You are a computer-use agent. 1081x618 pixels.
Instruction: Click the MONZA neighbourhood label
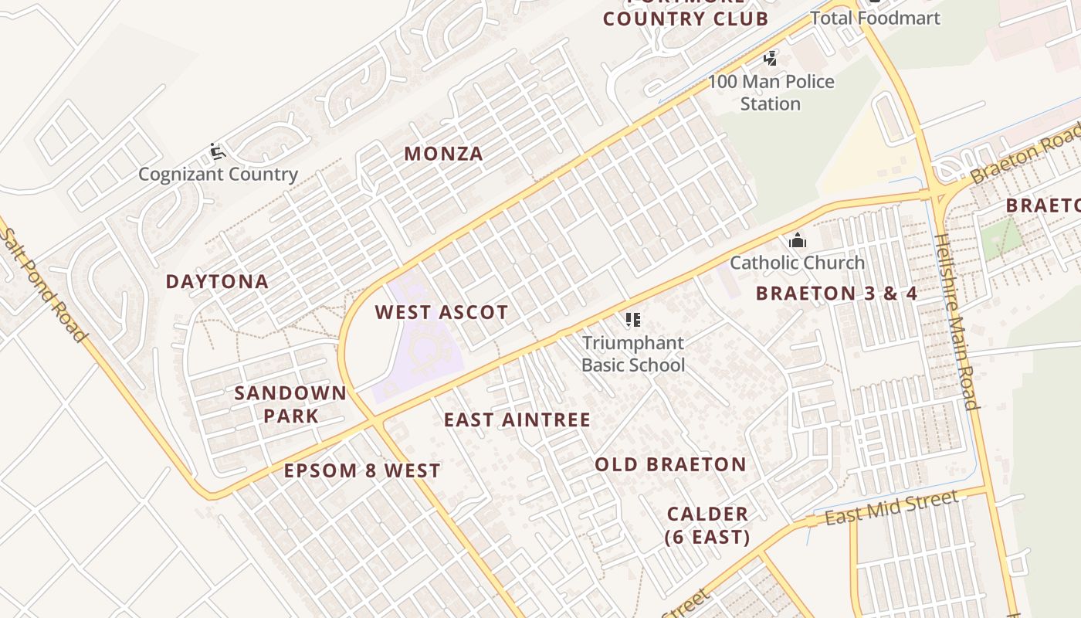(x=443, y=154)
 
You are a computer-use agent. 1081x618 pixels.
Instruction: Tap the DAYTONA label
(x=217, y=282)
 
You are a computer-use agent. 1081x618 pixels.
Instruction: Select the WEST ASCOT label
(x=441, y=313)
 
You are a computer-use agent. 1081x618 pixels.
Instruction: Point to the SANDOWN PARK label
(x=290, y=404)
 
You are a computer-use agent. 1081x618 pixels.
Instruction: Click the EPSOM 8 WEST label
(x=361, y=471)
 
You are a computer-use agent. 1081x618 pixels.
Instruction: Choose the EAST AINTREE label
(x=517, y=420)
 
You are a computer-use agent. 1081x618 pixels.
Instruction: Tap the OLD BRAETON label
(x=670, y=465)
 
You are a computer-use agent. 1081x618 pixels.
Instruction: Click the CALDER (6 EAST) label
(x=707, y=525)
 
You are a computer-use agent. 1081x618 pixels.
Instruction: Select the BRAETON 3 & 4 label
(x=836, y=294)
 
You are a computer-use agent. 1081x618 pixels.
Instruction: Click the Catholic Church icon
(x=798, y=241)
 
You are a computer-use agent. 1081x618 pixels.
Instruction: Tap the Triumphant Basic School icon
(x=633, y=320)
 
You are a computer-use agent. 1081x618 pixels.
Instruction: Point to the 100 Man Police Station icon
(x=770, y=58)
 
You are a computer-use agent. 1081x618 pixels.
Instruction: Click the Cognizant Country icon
(x=218, y=151)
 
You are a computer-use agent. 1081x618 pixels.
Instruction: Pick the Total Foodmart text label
(x=875, y=18)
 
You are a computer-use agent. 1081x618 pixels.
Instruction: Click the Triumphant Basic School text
(x=633, y=354)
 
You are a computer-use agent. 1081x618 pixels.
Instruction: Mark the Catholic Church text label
(x=797, y=263)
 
